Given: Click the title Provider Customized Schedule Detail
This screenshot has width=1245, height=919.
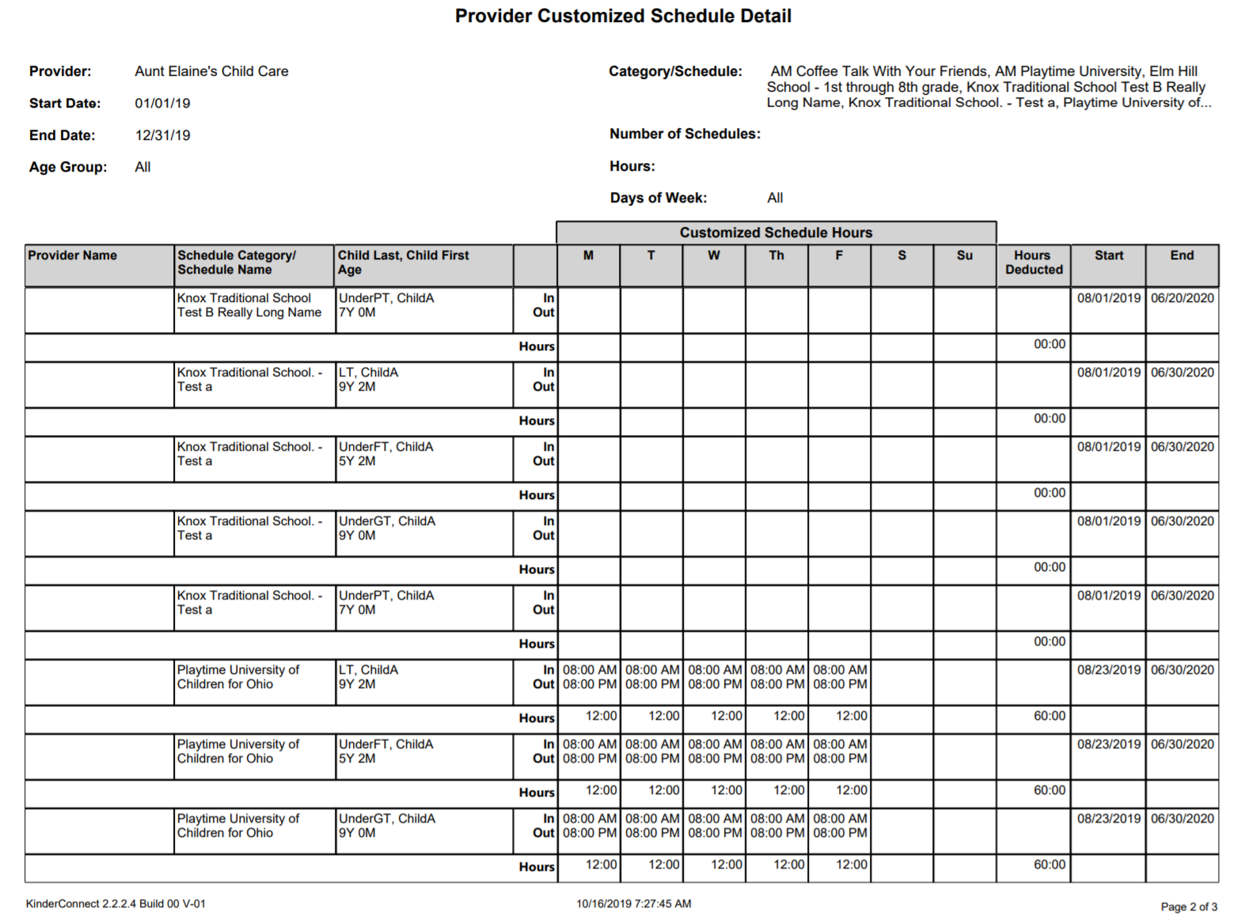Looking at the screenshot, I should click(x=623, y=16).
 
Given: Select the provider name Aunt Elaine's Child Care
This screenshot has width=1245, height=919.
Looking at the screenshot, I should click(x=211, y=71).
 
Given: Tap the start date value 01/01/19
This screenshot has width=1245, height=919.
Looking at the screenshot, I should click(x=162, y=103).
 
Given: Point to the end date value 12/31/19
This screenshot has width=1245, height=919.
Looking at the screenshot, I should click(x=162, y=135).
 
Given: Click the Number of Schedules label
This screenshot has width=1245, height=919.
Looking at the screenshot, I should click(x=685, y=134).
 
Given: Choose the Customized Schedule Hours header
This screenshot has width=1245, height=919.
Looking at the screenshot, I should click(x=776, y=233).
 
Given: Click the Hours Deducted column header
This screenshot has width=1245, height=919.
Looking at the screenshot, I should click(x=1033, y=263).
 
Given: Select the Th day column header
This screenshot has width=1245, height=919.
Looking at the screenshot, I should click(x=776, y=255).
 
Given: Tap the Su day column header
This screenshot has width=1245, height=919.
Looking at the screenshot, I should click(x=964, y=255).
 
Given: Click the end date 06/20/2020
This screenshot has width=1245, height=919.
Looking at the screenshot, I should click(x=1182, y=298).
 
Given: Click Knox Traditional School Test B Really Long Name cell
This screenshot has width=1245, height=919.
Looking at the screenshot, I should click(x=249, y=305).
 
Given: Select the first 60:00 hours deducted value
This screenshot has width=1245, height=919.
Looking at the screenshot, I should click(x=1049, y=716).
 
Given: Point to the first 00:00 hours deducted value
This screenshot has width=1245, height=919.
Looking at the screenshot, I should click(x=1049, y=344).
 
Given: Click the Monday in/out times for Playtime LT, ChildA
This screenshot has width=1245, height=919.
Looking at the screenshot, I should click(x=590, y=677).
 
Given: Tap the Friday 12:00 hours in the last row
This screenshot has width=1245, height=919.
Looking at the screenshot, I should click(x=851, y=864).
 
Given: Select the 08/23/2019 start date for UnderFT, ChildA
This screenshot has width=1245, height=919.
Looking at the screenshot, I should click(x=1108, y=744).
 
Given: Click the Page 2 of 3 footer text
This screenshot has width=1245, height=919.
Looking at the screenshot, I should click(x=1189, y=906).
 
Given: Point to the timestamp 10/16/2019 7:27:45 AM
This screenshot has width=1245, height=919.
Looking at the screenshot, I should click(x=633, y=903).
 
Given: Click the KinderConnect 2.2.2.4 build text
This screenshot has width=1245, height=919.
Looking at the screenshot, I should click(x=116, y=903).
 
